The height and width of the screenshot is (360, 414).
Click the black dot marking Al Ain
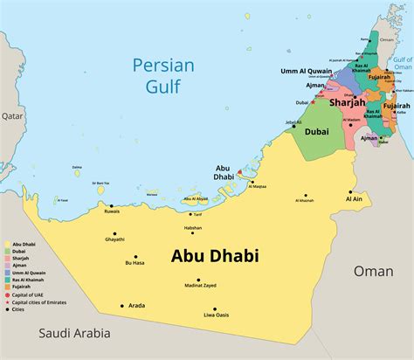pos(350,192)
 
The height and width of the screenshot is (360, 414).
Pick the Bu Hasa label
pos(135,262)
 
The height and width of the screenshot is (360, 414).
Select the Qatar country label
pos(12,115)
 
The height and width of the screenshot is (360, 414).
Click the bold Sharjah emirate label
pos(347,102)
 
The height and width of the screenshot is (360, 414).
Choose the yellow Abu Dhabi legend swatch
pos(7,244)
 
